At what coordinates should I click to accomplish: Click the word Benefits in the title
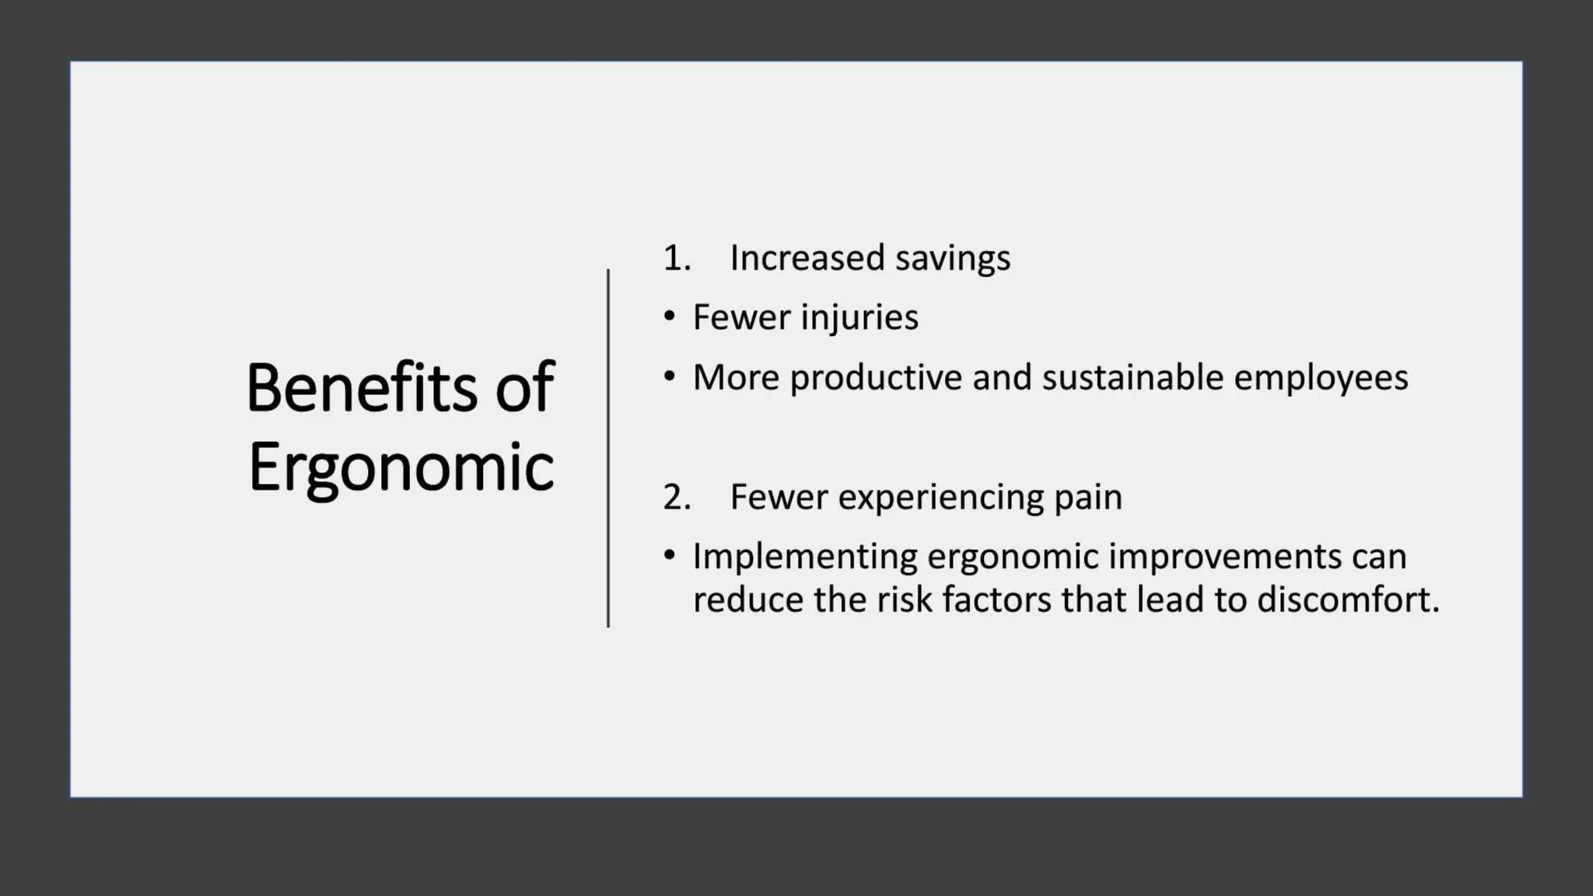pos(362,387)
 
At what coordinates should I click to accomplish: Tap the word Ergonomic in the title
pos(401,468)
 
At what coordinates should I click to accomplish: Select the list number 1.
pos(676,258)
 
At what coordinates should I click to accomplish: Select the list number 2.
pos(676,497)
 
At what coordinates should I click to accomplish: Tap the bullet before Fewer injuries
pos(670,316)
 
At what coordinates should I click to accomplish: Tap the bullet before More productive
pos(670,376)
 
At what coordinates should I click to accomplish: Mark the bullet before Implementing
pos(670,555)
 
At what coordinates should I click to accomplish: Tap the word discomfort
pos(1348,600)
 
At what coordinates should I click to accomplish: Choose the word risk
pos(904,600)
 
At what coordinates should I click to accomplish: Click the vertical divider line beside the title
pos(608,448)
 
